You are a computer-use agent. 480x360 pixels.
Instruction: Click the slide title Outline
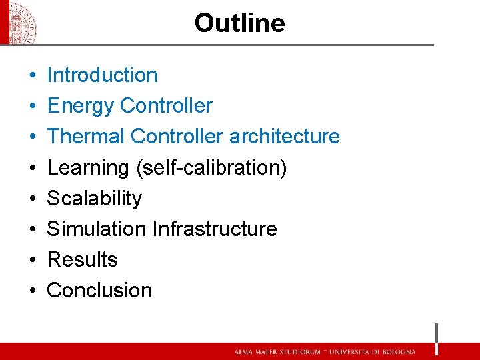[x=239, y=23]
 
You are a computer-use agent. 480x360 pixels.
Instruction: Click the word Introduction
[x=102, y=75]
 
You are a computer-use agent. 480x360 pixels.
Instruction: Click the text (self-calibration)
[x=211, y=168]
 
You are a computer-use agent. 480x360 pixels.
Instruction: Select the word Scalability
[x=94, y=199]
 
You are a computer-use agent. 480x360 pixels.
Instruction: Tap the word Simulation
[x=97, y=229]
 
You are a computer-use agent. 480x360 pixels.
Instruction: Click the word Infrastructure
[x=215, y=229]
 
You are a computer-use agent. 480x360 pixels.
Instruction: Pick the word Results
[x=82, y=260]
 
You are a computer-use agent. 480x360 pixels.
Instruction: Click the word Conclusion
[x=99, y=291]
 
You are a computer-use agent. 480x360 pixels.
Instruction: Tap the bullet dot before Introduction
[x=32, y=76]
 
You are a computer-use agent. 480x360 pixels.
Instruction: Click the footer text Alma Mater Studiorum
[x=274, y=352]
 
